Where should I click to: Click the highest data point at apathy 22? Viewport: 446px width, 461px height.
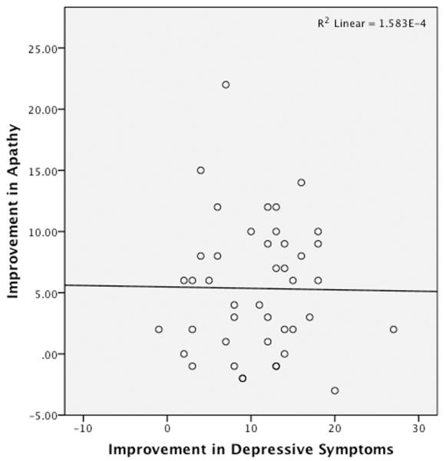pyautogui.click(x=226, y=84)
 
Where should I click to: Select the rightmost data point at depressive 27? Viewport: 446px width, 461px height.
pyautogui.click(x=393, y=329)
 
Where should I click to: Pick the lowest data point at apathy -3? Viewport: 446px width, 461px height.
pyautogui.click(x=335, y=390)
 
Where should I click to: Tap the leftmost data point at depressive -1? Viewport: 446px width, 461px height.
pyautogui.click(x=159, y=329)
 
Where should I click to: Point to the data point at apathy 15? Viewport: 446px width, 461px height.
pyautogui.click(x=200, y=170)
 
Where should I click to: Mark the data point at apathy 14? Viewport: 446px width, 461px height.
pyautogui.click(x=301, y=183)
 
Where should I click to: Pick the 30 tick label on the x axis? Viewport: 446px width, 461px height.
pyautogui.click(x=418, y=428)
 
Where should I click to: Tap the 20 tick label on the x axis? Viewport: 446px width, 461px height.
pyautogui.click(x=335, y=428)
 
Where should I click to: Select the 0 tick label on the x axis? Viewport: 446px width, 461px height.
pyautogui.click(x=167, y=428)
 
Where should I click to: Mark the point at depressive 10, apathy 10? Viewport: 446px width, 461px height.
pyautogui.click(x=251, y=232)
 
